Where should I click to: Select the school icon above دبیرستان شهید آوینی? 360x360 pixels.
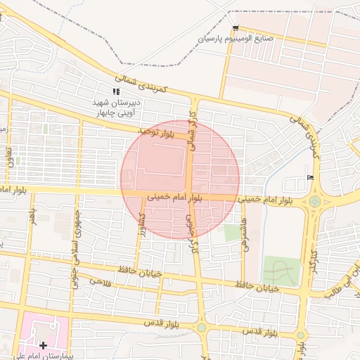(x=117, y=91)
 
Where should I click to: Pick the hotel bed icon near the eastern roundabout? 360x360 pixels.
(x=311, y=177)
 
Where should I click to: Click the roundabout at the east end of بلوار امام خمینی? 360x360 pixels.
(x=314, y=202)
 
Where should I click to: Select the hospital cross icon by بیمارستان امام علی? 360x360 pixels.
(x=44, y=345)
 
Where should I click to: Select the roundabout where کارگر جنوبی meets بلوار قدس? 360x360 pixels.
(x=202, y=328)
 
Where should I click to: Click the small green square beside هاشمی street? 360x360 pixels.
(x=232, y=233)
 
